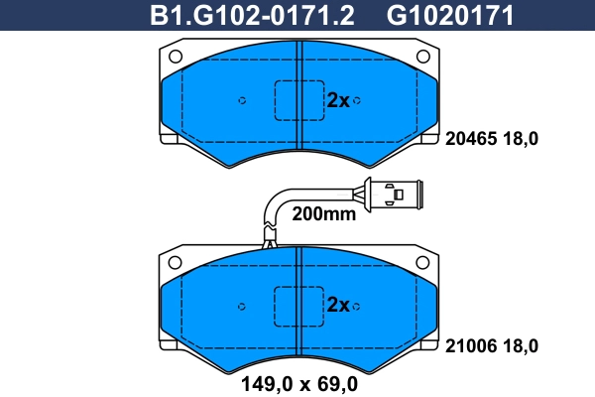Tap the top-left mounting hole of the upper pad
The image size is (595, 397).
[176, 56]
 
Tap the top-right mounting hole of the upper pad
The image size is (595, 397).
[422, 56]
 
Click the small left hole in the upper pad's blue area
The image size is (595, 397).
[243, 100]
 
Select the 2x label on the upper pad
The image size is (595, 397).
[338, 100]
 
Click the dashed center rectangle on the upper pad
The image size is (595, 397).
[298, 100]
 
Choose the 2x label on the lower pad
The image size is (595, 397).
[338, 305]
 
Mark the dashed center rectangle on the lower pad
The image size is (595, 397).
[298, 305]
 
